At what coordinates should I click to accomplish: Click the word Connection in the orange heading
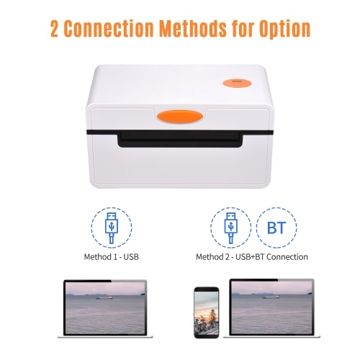pos(109,28)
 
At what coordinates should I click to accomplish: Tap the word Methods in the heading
pos(192,28)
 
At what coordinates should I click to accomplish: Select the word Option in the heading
pos(284,30)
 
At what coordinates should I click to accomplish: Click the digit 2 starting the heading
pos(55,29)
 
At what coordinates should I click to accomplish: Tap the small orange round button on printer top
pos(237,83)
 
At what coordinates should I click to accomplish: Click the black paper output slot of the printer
pos(180,139)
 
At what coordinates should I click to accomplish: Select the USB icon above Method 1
pos(112,228)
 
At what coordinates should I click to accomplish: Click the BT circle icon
pos(276,228)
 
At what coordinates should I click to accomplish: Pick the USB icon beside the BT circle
pos(231,228)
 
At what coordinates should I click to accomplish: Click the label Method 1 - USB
pos(112,257)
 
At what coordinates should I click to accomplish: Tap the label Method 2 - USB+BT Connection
pos(252,257)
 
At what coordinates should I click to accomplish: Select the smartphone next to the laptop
pos(207,312)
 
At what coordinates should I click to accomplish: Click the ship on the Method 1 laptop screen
pos(104,297)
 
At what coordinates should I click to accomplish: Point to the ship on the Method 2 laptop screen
pos(271,297)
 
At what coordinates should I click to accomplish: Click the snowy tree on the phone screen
pos(212,318)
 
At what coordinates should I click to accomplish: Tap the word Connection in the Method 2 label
pos(287,257)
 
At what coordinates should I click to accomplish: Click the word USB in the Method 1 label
pos(131,257)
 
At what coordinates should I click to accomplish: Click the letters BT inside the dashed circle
pos(276,228)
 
